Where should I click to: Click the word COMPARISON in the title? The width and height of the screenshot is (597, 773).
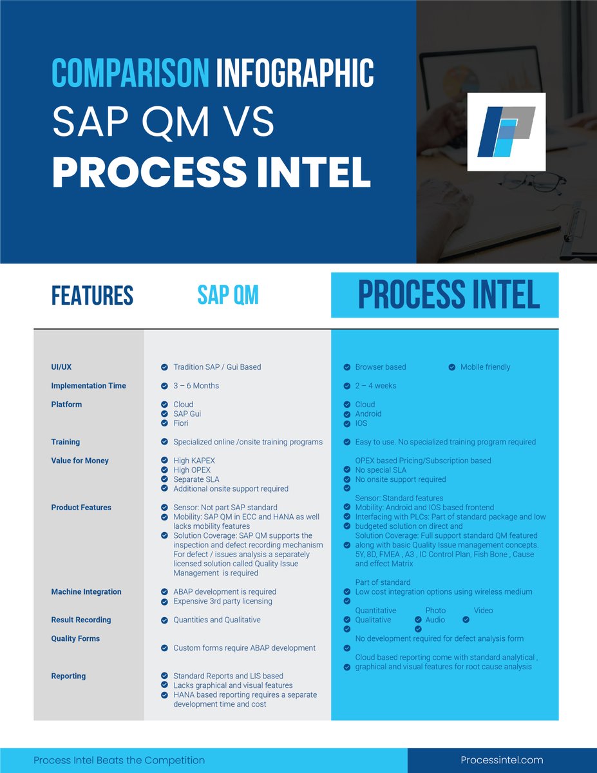coord(130,72)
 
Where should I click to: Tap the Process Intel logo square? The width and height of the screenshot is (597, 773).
coord(506,132)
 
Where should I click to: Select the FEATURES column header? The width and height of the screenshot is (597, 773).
coord(92,296)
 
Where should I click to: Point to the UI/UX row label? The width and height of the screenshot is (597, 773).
coord(61,367)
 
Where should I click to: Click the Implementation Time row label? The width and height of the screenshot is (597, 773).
coord(88,386)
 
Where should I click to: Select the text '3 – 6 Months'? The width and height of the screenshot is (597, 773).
coord(196,386)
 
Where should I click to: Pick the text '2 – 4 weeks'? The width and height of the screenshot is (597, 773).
coord(375,386)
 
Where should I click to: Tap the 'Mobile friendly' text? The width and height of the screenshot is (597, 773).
coord(485,367)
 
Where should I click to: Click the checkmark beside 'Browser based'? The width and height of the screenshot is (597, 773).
coord(346,367)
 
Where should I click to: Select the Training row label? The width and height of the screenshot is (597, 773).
coord(66,442)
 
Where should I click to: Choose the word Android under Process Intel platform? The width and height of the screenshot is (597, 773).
coord(368,414)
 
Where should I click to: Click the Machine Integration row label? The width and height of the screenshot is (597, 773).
coord(86,592)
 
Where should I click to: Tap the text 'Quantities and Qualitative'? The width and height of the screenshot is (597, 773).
coord(217,620)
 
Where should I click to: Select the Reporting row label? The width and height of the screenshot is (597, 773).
coord(68,676)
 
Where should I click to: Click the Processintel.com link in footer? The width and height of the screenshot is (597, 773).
coord(502,760)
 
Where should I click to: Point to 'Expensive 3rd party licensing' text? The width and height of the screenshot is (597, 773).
coord(223,601)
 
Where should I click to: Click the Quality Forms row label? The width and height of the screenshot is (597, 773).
coord(76,638)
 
